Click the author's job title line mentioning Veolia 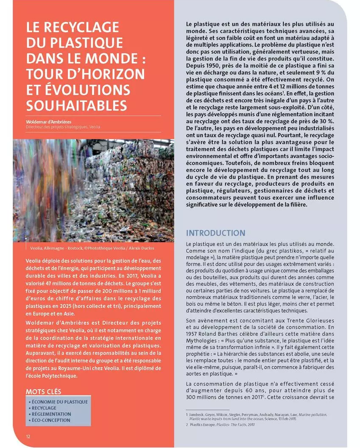(x=63, y=127)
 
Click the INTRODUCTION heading (x=215, y=233)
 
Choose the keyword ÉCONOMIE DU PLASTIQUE (x=59, y=402)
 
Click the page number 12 (x=28, y=437)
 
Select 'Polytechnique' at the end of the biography (x=59, y=376)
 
